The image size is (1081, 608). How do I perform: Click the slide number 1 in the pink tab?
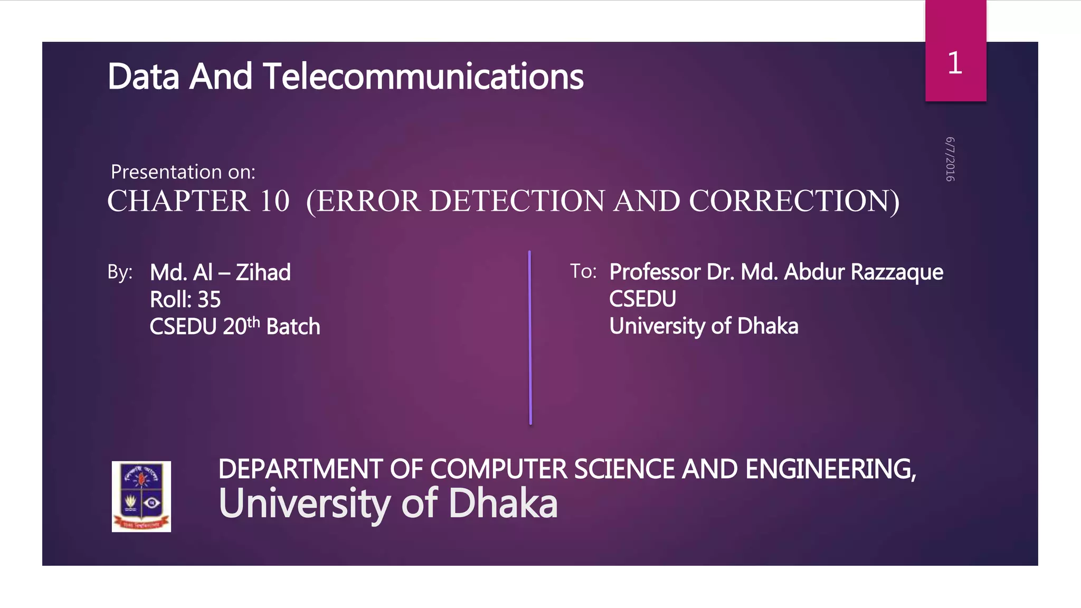tap(954, 63)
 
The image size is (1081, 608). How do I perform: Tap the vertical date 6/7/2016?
tap(950, 159)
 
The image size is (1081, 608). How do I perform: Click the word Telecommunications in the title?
tap(423, 77)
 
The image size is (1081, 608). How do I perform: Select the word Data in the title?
tap(144, 77)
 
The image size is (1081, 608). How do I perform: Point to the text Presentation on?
tap(183, 172)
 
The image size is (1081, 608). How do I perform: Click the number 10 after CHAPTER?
tap(274, 201)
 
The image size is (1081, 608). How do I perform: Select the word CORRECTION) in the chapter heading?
tap(794, 201)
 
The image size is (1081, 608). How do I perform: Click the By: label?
tap(120, 272)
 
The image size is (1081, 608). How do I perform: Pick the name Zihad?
tap(263, 273)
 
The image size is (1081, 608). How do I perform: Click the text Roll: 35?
tap(185, 300)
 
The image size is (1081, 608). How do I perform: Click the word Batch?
tap(293, 327)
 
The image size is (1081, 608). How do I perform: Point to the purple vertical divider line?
tap(530, 338)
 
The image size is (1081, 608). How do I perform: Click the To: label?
tap(583, 272)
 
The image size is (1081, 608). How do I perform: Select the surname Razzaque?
tap(897, 272)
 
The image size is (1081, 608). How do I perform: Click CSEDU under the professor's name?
tap(642, 299)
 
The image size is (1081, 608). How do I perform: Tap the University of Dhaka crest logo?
tap(141, 496)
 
